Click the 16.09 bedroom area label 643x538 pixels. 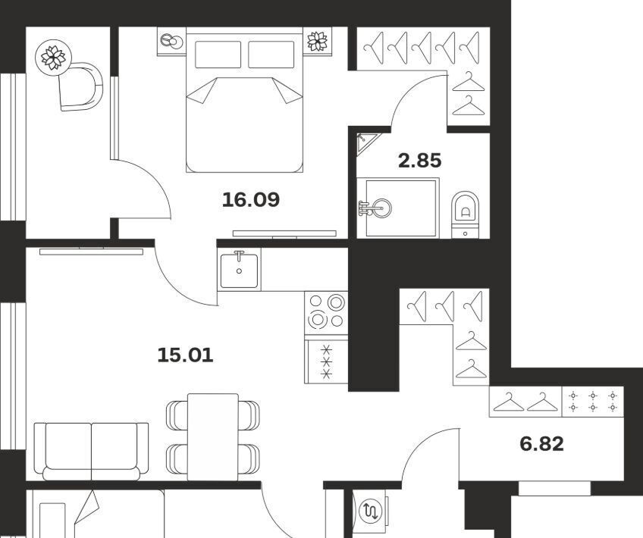(251, 199)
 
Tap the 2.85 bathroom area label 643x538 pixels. (420, 160)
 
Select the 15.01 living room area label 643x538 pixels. (185, 355)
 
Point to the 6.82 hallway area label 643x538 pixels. (541, 444)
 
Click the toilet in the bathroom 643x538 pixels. (465, 214)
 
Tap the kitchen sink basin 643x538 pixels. (239, 271)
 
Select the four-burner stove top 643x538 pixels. (326, 313)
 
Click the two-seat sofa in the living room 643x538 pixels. (92, 452)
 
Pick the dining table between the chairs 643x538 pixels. (213, 436)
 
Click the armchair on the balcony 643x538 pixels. (81, 86)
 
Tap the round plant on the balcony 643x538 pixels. (53, 58)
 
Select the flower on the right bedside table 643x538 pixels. (318, 42)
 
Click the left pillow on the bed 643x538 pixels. (218, 55)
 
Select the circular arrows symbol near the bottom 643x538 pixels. (371, 511)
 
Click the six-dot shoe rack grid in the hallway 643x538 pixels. (593, 402)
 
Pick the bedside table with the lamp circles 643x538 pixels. (172, 42)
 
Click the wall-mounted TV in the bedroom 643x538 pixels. (284, 233)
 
